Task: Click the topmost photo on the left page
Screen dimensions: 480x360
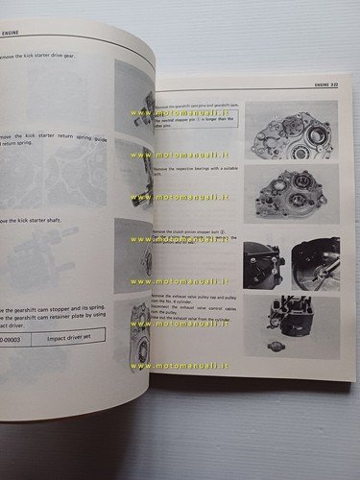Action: pyautogui.click(x=133, y=94)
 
